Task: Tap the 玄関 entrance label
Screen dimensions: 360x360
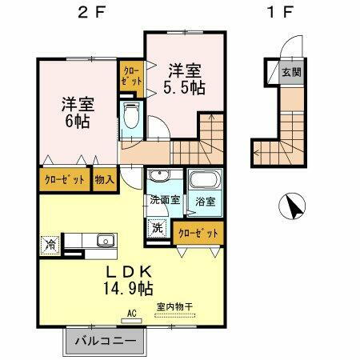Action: click(290, 73)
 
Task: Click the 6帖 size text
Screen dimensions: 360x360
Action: click(78, 122)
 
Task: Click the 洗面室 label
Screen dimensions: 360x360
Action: click(165, 201)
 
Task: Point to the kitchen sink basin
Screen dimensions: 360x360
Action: click(104, 241)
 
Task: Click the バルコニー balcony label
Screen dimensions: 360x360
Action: click(105, 342)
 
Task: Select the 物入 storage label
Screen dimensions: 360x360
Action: click(104, 179)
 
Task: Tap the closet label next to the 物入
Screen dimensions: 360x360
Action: click(65, 179)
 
